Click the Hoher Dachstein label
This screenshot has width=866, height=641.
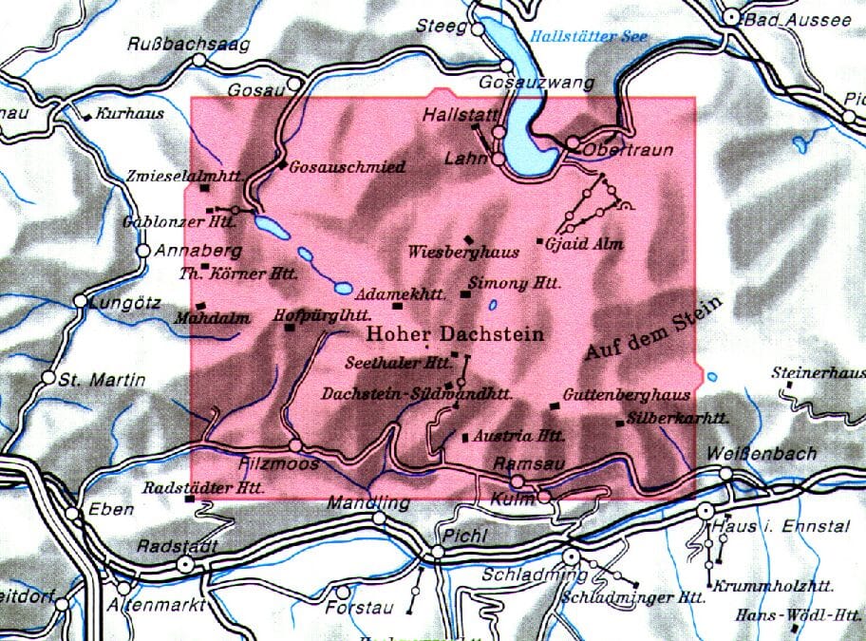click(455, 334)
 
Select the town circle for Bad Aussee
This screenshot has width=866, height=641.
click(731, 17)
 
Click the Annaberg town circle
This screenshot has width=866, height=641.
click(143, 252)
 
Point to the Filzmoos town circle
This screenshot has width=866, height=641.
click(295, 444)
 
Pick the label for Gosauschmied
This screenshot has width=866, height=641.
click(347, 167)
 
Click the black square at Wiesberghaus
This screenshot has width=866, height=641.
click(467, 239)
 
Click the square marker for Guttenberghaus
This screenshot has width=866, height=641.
click(555, 407)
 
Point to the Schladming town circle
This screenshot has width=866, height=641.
click(571, 556)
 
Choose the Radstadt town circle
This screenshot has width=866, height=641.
click(187, 563)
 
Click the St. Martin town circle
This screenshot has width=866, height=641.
click(48, 377)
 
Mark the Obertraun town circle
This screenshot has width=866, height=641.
click(573, 144)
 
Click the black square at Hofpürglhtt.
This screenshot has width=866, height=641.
click(290, 328)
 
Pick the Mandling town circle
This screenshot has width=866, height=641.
click(380, 518)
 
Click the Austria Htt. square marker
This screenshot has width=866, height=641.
click(464, 438)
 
